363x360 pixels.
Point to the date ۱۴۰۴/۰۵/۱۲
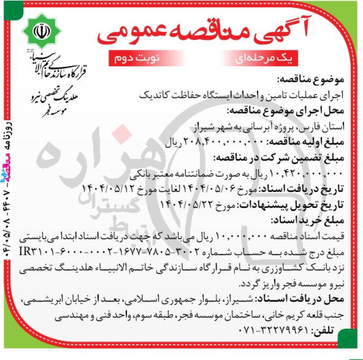(x=102, y=188)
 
